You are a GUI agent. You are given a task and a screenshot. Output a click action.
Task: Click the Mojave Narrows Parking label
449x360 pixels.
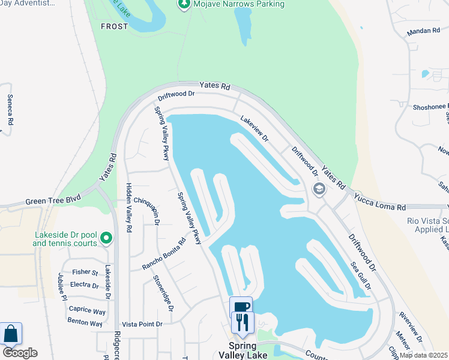pyautogui.click(x=238, y=4)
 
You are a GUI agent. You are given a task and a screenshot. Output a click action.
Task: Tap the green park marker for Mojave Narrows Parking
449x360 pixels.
pyautogui.click(x=184, y=5)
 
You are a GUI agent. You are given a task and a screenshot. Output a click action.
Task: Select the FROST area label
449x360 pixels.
pyautogui.click(x=114, y=26)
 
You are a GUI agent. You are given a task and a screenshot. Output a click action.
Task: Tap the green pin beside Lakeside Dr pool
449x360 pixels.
pyautogui.click(x=106, y=239)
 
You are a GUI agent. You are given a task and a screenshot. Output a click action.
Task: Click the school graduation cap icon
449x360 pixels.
pyautogui.click(x=319, y=190)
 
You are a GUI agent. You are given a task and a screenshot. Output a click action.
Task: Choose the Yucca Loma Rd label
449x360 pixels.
pyautogui.click(x=380, y=200)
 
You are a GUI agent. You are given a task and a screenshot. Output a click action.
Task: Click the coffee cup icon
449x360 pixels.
pyautogui.click(x=241, y=307)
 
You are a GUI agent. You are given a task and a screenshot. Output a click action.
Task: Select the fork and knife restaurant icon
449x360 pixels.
pyautogui.click(x=243, y=323)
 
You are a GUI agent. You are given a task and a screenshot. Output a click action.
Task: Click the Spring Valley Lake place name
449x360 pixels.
pyautogui.click(x=251, y=351)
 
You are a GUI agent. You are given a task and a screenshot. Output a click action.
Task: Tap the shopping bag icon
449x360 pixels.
pyautogui.click(x=10, y=334)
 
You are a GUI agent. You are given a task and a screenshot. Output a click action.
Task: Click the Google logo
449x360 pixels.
pyautogui.click(x=20, y=353)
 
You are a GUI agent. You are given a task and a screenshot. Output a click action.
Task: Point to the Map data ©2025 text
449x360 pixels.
pyautogui.click(x=423, y=355)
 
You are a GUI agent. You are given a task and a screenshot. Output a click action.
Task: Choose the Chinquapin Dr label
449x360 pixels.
pyautogui.click(x=147, y=209)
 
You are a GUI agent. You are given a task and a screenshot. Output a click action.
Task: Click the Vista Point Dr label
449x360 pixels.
pyautogui.click(x=142, y=324)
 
